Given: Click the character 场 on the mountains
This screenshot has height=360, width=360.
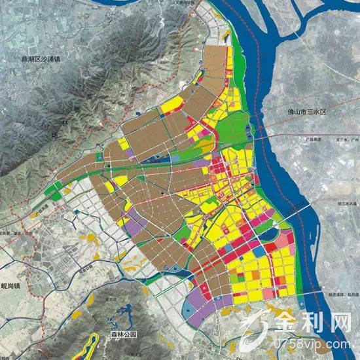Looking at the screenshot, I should click(x=54, y=139).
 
